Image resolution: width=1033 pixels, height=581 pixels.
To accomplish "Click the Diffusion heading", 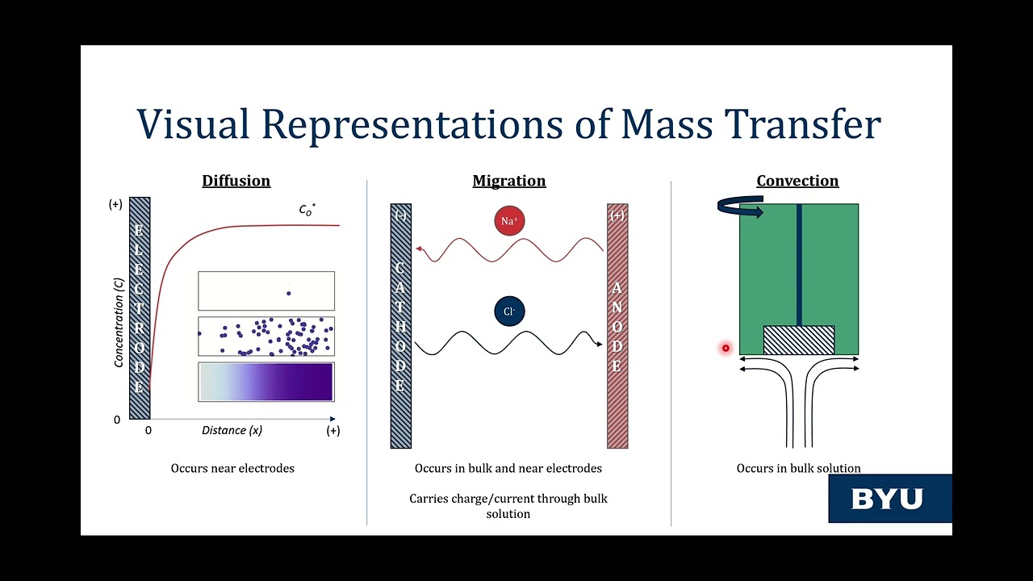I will click(236, 181).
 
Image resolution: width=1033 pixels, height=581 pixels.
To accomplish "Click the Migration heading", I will click(508, 181).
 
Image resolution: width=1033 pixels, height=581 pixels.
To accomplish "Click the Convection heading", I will click(797, 181).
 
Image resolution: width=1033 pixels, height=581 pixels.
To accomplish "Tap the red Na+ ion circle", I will click(509, 221).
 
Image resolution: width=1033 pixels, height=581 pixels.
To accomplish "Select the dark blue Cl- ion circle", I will click(509, 311).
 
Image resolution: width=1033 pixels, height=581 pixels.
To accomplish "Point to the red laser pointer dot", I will click(726, 349).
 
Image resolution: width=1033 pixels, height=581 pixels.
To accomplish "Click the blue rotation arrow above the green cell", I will click(740, 208).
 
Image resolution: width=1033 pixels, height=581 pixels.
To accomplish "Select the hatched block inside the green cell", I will click(799, 340).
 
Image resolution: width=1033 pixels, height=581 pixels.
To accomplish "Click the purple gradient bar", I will click(266, 382).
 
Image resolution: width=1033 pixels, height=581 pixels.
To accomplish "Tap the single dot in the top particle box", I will click(289, 293).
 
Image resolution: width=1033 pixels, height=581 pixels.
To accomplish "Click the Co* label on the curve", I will click(307, 210).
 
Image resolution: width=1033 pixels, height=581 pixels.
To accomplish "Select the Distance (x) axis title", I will click(232, 430).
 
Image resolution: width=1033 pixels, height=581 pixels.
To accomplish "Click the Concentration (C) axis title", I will click(119, 323).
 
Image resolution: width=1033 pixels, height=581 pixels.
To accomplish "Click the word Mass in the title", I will click(667, 124).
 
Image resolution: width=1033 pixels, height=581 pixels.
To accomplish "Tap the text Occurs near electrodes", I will click(232, 468).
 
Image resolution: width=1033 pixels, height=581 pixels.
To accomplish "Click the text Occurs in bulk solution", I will click(798, 468).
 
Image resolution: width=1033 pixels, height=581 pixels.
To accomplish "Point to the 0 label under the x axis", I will click(148, 431).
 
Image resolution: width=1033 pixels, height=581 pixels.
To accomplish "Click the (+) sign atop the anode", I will click(617, 215).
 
